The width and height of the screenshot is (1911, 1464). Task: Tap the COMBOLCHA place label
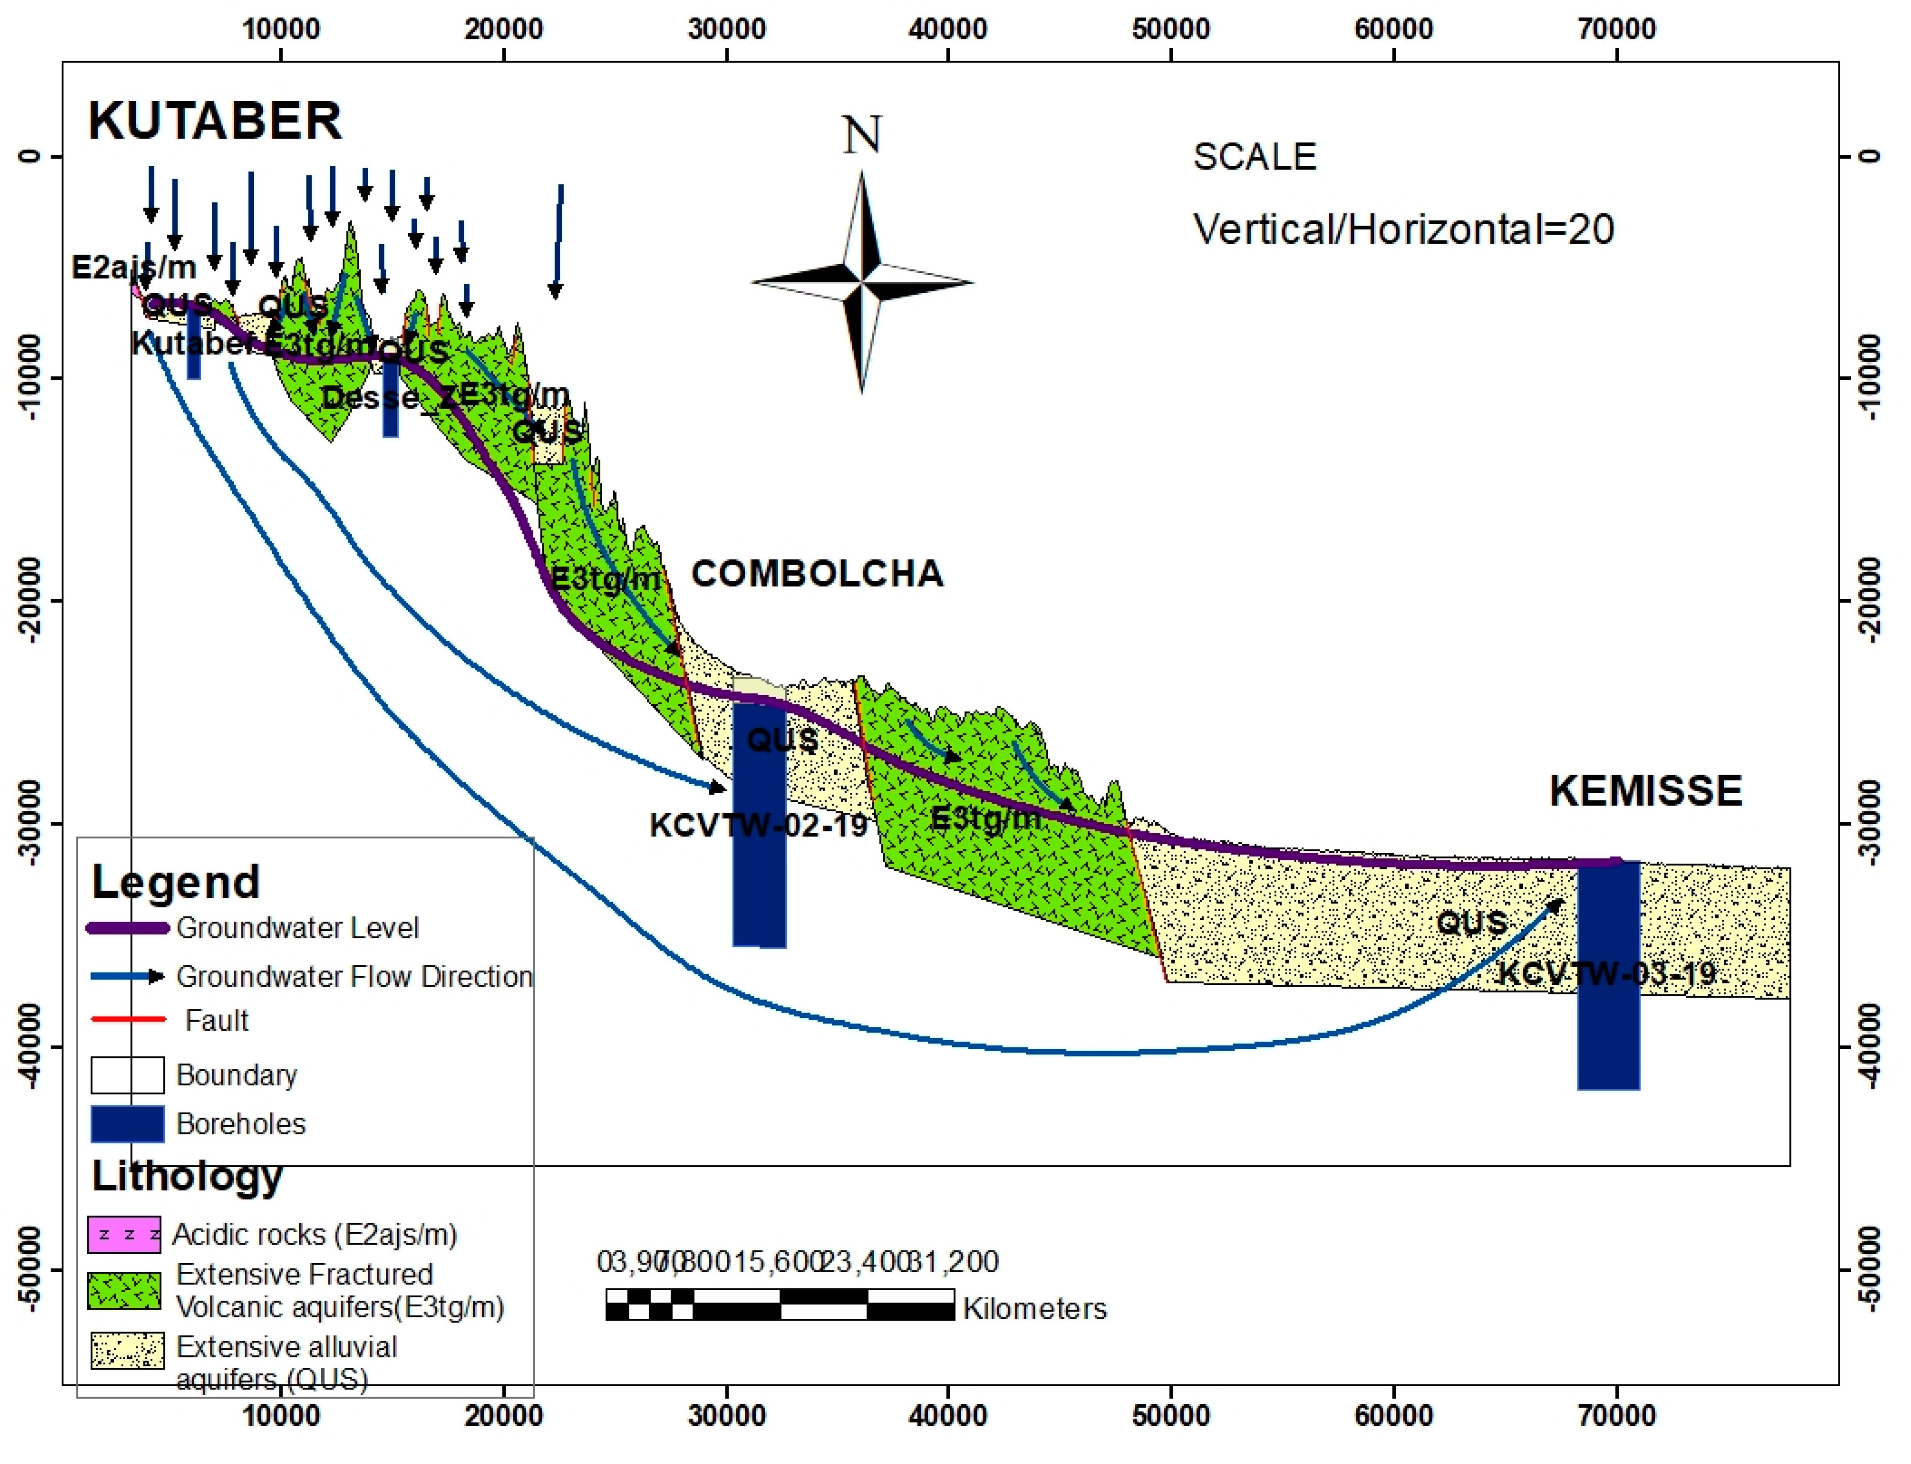pyautogui.click(x=817, y=573)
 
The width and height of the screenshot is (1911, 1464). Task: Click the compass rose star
pyautogui.click(x=861, y=281)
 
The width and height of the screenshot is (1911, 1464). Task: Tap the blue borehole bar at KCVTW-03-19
pyautogui.click(x=1608, y=976)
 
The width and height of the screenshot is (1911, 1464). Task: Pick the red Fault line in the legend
pyautogui.click(x=128, y=1019)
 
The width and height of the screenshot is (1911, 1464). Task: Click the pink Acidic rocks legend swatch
pyautogui.click(x=124, y=1235)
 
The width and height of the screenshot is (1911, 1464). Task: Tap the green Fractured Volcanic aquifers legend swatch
pyautogui.click(x=124, y=1291)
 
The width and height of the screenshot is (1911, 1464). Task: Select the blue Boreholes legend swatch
pyautogui.click(x=127, y=1124)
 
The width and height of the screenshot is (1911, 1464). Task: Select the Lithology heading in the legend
pyautogui.click(x=187, y=1176)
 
